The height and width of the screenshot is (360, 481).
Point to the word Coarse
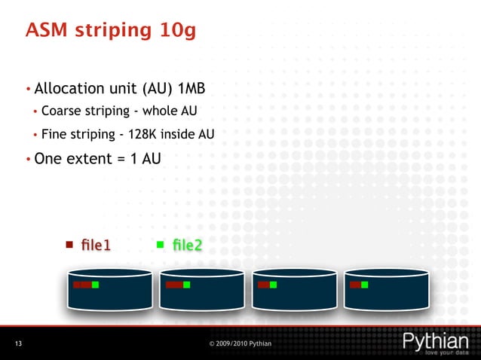(x=62, y=112)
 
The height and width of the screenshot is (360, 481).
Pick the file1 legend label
(x=97, y=245)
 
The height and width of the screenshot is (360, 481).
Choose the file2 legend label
(x=187, y=245)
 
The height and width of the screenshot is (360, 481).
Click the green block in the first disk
(x=96, y=285)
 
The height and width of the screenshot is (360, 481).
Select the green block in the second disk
(x=186, y=285)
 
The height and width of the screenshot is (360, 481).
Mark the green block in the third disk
(x=273, y=285)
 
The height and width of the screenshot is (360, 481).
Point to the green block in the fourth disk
(x=365, y=285)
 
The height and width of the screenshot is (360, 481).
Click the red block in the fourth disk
(x=354, y=285)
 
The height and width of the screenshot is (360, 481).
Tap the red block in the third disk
(x=263, y=285)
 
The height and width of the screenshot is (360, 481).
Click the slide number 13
(x=18, y=344)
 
